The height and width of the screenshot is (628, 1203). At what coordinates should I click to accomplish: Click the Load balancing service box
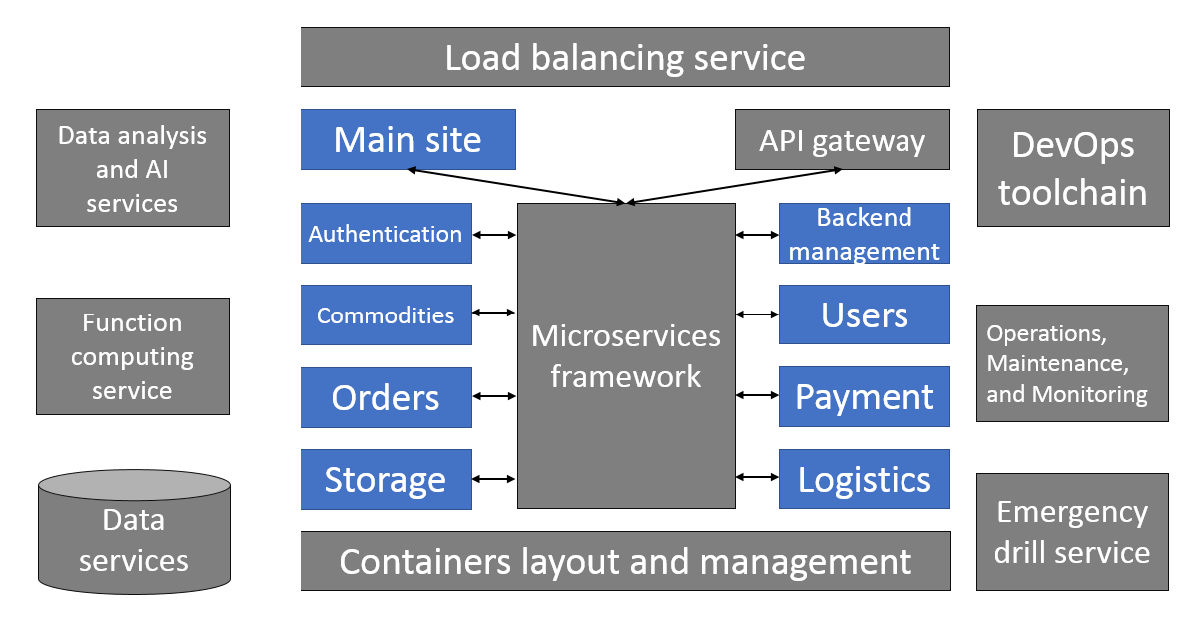(x=625, y=57)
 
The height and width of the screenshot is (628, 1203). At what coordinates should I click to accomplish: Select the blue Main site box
(x=407, y=139)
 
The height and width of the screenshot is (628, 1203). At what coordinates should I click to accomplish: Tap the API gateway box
(x=842, y=140)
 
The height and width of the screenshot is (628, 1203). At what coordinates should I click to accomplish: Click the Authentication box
(x=385, y=234)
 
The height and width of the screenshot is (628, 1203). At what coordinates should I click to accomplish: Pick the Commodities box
(x=385, y=315)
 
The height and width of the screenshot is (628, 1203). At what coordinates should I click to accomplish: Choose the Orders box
(x=385, y=397)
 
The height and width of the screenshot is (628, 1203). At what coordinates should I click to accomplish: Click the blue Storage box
(x=385, y=480)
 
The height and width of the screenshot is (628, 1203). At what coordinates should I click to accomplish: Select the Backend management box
(x=864, y=234)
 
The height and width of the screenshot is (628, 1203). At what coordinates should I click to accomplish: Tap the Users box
(x=864, y=315)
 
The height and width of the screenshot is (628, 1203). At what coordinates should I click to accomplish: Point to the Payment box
(x=864, y=397)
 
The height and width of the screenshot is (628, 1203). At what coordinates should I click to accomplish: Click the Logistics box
(x=864, y=480)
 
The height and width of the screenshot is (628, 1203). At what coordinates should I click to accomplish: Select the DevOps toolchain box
(x=1072, y=168)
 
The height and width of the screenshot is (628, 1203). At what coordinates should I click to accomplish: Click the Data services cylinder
(x=134, y=539)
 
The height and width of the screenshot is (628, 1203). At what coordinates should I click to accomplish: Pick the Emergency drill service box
(x=1072, y=532)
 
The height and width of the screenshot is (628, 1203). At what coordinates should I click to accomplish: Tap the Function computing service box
(x=132, y=356)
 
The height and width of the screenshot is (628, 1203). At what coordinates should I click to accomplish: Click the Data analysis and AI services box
(x=132, y=168)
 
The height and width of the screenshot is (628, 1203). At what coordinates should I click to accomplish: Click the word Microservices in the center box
(x=626, y=335)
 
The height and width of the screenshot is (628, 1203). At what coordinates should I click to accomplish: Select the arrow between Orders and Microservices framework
(x=494, y=397)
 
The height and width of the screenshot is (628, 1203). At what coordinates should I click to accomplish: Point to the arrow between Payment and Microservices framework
(x=756, y=397)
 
